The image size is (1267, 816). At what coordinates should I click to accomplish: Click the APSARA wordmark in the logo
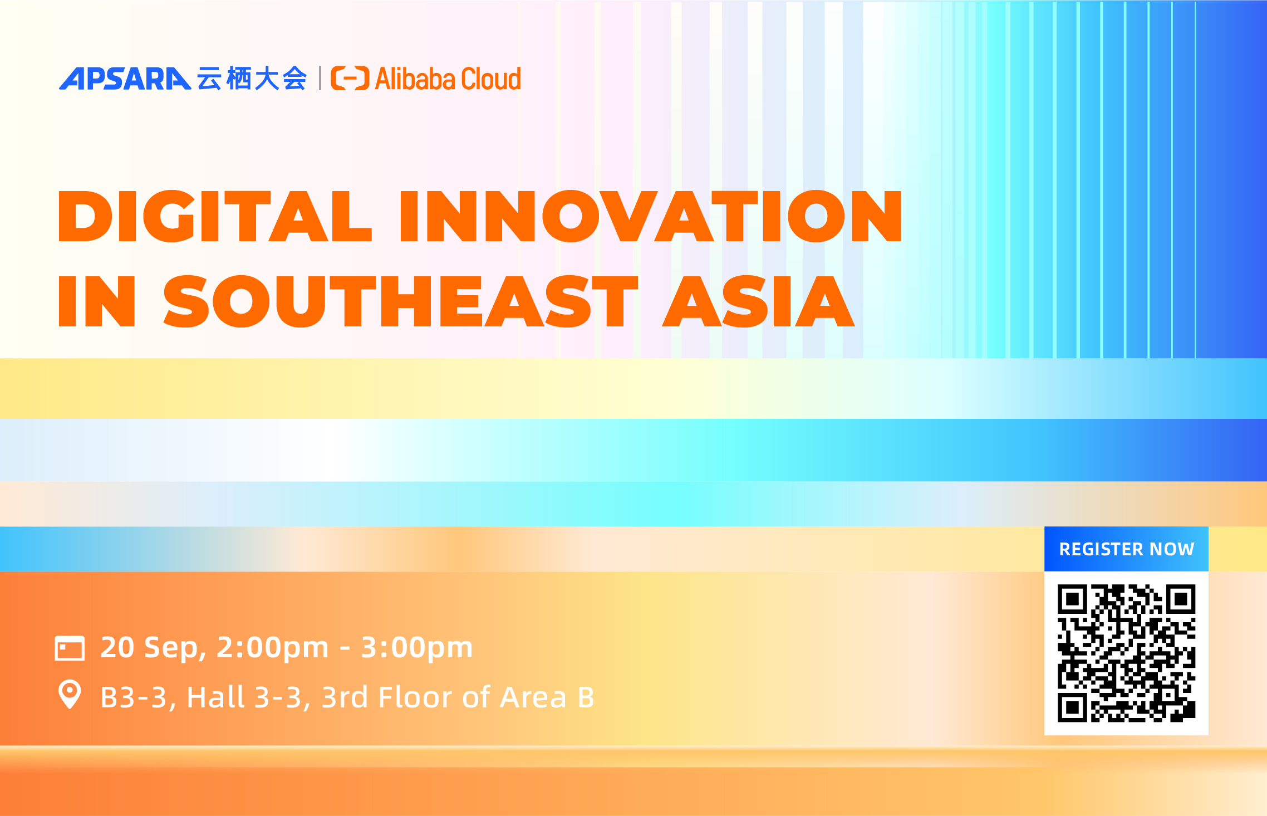[x=125, y=79]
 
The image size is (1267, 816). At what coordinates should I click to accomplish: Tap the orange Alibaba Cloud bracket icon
[x=350, y=78]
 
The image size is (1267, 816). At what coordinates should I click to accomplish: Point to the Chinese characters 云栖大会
[x=252, y=79]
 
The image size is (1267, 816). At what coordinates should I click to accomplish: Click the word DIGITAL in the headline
[x=214, y=216]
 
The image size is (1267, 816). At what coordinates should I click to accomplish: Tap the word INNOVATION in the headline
[x=650, y=216]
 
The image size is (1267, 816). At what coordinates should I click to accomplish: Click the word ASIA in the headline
[x=758, y=301]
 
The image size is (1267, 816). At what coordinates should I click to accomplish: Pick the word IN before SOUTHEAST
[x=97, y=301]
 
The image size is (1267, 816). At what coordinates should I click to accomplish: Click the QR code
[x=1126, y=653]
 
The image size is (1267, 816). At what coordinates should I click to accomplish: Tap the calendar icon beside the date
[x=70, y=648]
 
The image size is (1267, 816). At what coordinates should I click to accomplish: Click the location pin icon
[x=70, y=695]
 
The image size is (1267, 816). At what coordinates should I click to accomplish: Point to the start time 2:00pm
[x=272, y=648]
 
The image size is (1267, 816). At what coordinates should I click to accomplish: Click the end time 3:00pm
[x=417, y=648]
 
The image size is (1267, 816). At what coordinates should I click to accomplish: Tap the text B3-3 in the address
[x=134, y=697]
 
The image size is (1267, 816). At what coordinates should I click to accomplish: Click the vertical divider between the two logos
[x=320, y=78]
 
